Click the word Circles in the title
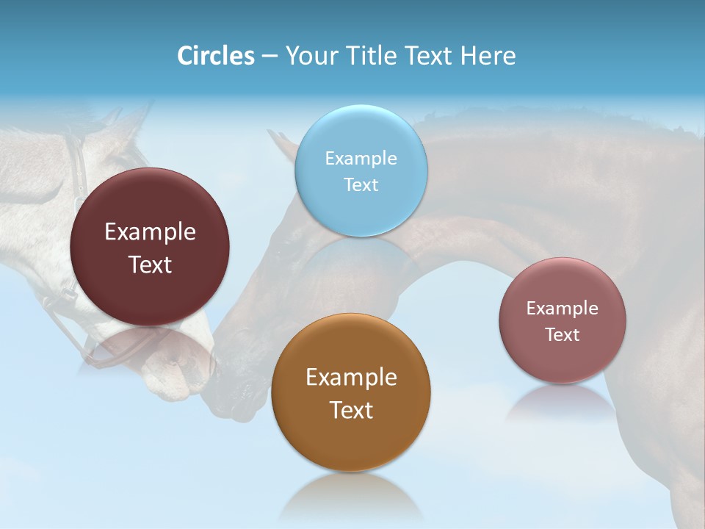(215, 56)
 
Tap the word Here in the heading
(488, 56)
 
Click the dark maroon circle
(150, 247)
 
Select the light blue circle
(361, 170)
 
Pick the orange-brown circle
(350, 392)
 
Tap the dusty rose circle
(562, 320)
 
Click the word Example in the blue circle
(361, 159)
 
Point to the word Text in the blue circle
(361, 184)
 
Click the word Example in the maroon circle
(150, 232)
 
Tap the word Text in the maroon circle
(150, 264)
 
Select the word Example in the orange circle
(351, 378)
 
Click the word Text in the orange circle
(351, 410)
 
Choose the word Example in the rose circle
(562, 308)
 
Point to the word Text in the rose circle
(562, 334)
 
